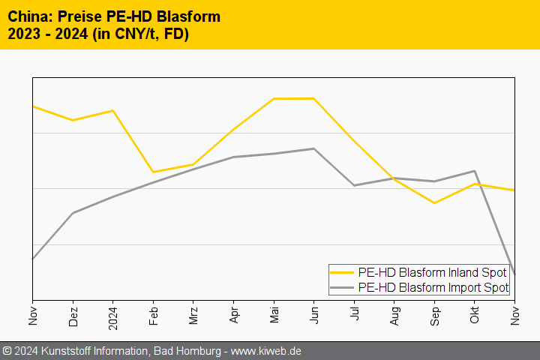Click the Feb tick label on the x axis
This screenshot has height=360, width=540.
click(153, 315)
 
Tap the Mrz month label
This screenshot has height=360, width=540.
click(193, 315)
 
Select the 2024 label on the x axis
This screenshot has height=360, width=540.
click(113, 317)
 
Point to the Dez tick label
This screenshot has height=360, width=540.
click(73, 316)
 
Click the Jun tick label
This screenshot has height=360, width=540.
click(313, 316)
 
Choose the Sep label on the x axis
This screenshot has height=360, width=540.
click(434, 316)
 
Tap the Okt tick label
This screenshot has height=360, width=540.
click(475, 316)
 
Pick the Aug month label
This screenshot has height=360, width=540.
click(394, 316)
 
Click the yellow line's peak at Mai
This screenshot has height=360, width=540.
click(274, 98)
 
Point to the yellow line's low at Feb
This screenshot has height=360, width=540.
click(153, 172)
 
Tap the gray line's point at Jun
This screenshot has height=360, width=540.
click(313, 148)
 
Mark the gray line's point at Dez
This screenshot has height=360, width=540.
click(73, 213)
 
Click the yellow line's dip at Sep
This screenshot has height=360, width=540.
click(434, 202)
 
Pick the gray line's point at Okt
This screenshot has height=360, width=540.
click(475, 171)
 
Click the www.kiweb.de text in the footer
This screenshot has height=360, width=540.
click(266, 351)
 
